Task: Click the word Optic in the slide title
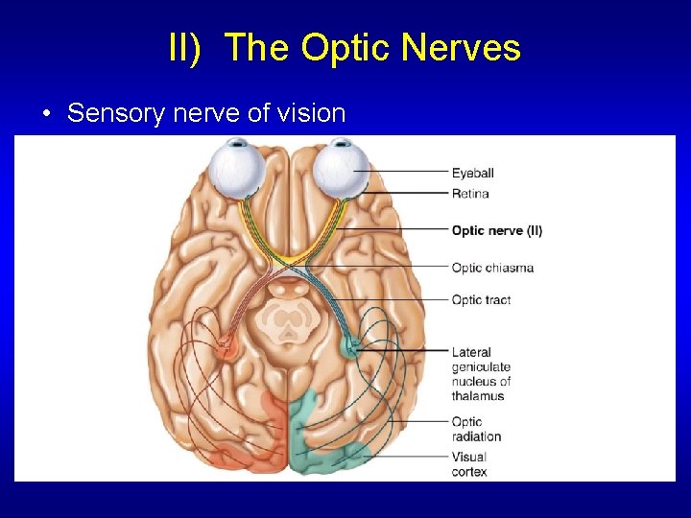[x=334, y=47]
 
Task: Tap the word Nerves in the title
[x=459, y=47]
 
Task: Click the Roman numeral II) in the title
[x=184, y=47]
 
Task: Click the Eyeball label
[x=473, y=173]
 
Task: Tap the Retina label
[x=470, y=194]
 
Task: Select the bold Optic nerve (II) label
[x=496, y=230]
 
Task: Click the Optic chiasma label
[x=492, y=268]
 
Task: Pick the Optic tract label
[x=481, y=300]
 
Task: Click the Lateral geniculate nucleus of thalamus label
[x=481, y=374]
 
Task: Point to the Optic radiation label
[x=476, y=429]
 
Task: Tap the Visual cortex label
[x=469, y=464]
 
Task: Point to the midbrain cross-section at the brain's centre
[x=289, y=321]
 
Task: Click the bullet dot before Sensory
[x=47, y=114]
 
